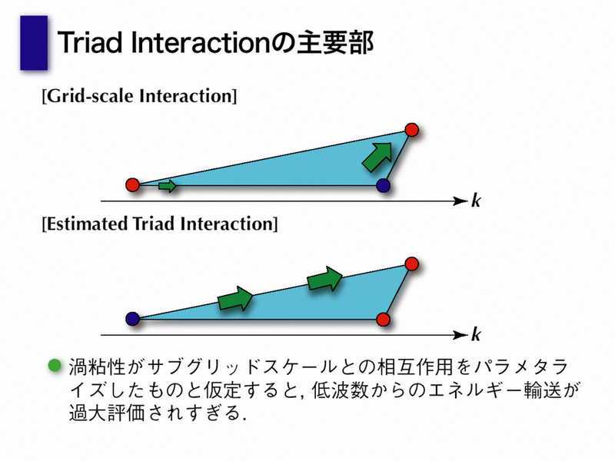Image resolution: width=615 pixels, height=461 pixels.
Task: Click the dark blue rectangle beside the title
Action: (x=34, y=43)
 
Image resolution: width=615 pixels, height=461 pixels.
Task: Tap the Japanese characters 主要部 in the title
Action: (x=334, y=42)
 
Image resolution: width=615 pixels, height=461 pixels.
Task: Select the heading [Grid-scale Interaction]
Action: (x=140, y=96)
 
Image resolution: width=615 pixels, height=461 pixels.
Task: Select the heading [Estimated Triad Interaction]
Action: (x=160, y=224)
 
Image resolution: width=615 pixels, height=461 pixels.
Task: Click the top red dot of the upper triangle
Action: (x=412, y=129)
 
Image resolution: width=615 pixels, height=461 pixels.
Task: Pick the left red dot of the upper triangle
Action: (x=132, y=184)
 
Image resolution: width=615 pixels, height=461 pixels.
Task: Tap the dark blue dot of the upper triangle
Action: (x=383, y=185)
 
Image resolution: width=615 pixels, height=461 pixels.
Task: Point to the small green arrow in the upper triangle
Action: (x=168, y=186)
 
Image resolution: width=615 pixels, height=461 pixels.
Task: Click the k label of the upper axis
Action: (x=476, y=201)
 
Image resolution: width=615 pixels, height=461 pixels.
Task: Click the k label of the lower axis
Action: (x=476, y=334)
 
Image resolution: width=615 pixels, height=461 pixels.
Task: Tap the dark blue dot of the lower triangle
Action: (x=132, y=319)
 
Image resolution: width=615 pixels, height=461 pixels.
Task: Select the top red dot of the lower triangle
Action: (x=412, y=264)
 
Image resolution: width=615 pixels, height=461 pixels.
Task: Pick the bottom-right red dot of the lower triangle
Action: (x=383, y=319)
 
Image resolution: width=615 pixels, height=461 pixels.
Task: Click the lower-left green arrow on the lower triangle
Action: (x=235, y=299)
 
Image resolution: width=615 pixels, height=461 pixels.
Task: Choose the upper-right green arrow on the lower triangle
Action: (x=324, y=279)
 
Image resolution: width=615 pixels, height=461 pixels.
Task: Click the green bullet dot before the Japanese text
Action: (x=55, y=366)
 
